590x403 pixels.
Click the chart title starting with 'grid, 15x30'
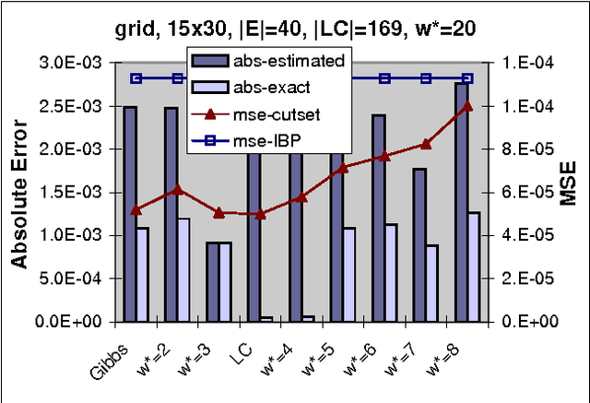click(x=294, y=30)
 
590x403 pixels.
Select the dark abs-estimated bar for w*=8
click(x=461, y=202)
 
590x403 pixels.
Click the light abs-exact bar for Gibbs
click(x=142, y=274)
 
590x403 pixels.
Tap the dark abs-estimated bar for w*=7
click(x=419, y=244)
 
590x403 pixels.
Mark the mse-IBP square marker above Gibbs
click(x=136, y=79)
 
